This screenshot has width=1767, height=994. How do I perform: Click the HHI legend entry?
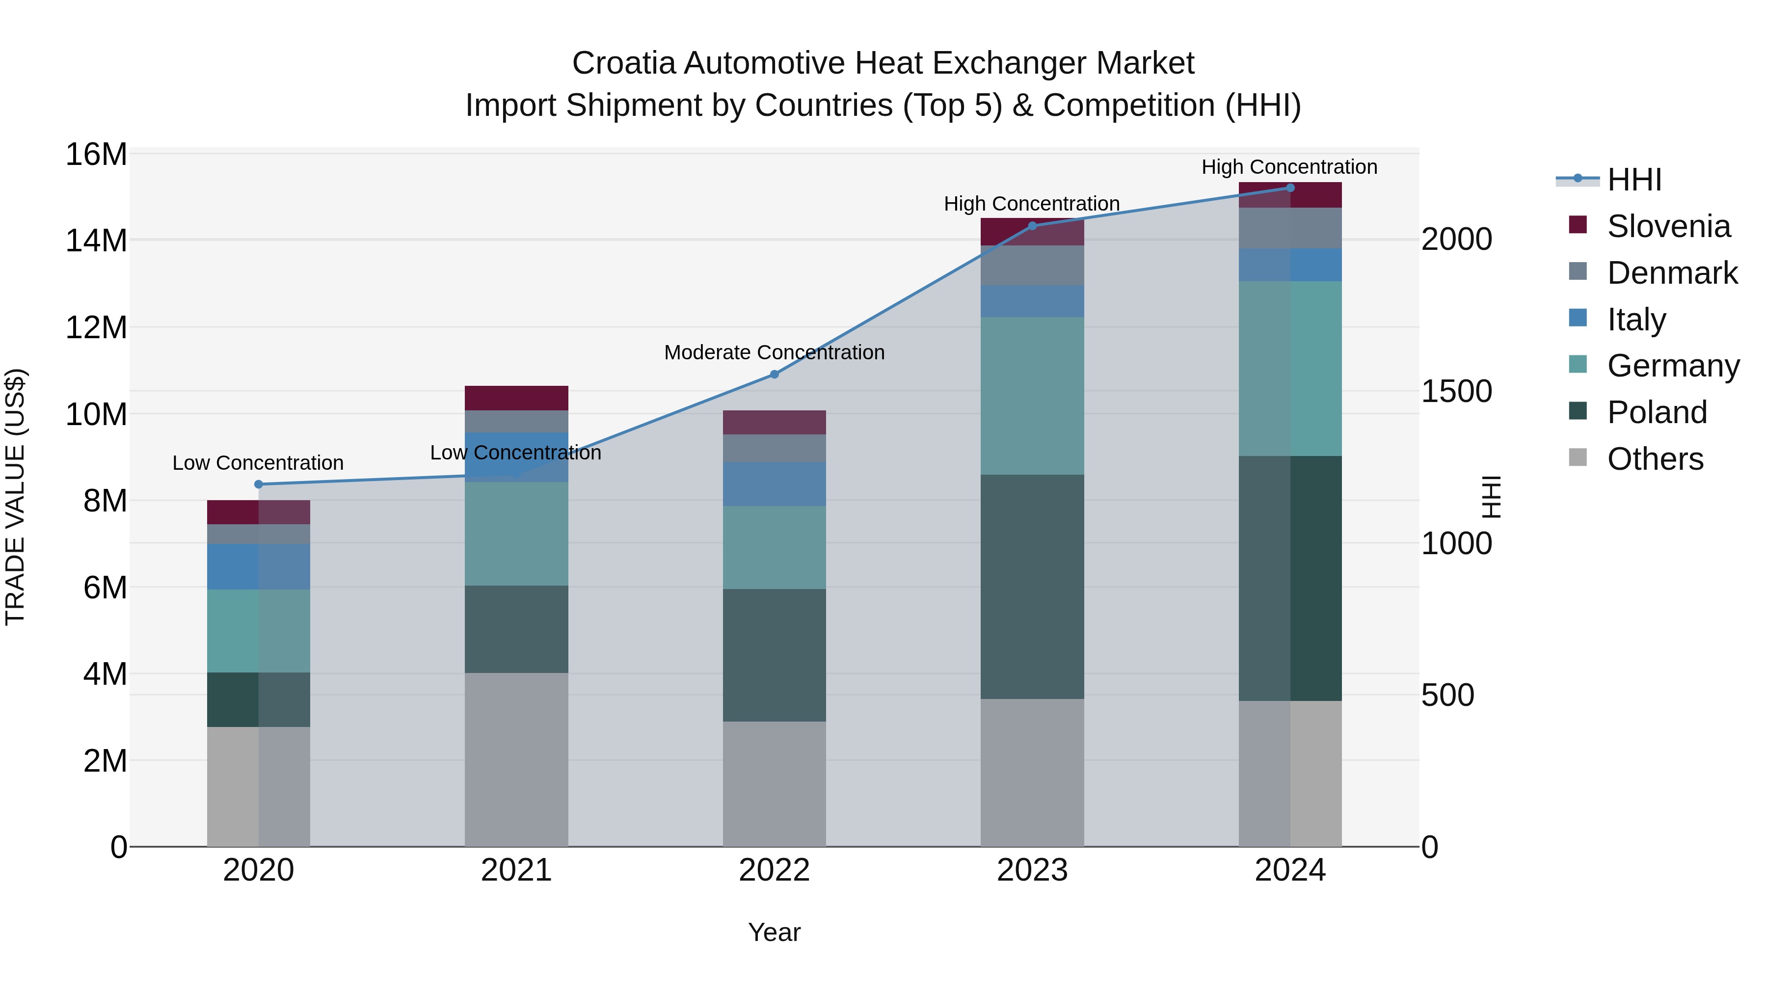click(1633, 180)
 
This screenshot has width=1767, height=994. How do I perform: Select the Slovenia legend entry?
click(1667, 226)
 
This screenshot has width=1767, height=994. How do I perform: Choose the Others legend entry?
click(1655, 459)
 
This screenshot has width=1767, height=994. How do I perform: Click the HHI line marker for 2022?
click(775, 375)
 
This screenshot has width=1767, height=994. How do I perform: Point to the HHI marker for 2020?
click(259, 484)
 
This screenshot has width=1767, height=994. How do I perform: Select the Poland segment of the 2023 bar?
click(1032, 587)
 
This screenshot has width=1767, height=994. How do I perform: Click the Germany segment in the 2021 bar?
click(516, 534)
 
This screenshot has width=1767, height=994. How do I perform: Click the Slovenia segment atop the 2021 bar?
click(516, 398)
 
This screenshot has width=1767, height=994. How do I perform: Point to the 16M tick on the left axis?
click(96, 154)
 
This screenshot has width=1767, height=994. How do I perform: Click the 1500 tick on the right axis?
click(1456, 392)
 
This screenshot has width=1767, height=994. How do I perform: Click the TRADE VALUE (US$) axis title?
click(15, 497)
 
